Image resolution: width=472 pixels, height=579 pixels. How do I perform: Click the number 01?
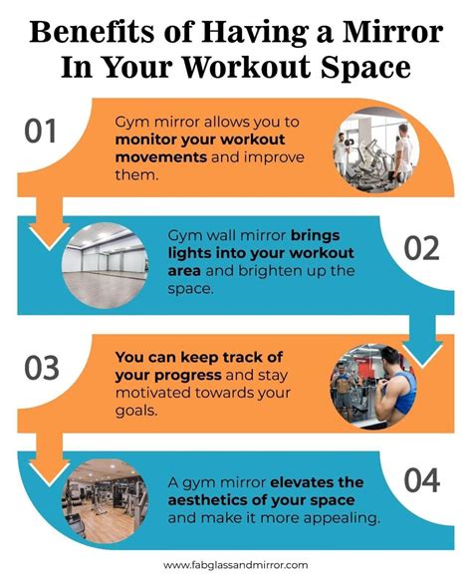tap(42, 132)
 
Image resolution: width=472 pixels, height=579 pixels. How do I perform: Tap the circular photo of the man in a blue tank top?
tap(371, 383)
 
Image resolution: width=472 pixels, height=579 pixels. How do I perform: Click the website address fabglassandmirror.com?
tap(235, 563)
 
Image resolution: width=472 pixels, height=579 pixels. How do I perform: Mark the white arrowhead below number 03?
tap(48, 465)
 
